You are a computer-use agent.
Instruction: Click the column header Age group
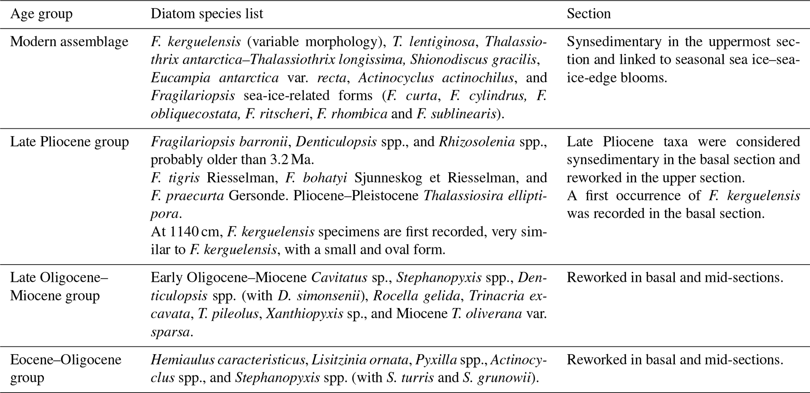(x=41, y=14)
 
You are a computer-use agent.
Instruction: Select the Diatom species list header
(x=207, y=14)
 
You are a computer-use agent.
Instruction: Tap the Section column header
(x=589, y=14)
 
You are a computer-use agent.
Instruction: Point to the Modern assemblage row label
(x=69, y=41)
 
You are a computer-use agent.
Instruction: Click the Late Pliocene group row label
(x=69, y=142)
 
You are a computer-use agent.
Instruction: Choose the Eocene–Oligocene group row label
(x=65, y=368)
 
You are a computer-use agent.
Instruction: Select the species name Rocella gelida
(x=417, y=296)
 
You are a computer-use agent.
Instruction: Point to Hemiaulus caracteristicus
(x=228, y=359)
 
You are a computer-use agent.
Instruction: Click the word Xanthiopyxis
(x=305, y=314)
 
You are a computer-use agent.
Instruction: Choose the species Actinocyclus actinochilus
(x=436, y=78)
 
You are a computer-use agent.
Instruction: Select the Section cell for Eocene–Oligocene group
(x=675, y=359)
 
